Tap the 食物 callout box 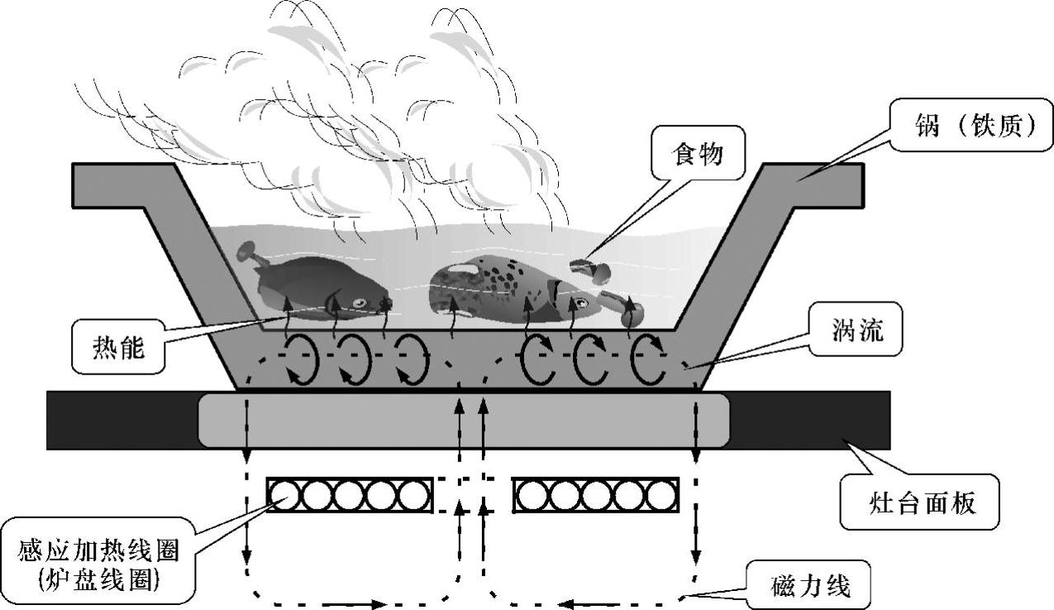point(699,154)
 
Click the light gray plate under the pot point(463,420)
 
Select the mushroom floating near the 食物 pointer point(592,269)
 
